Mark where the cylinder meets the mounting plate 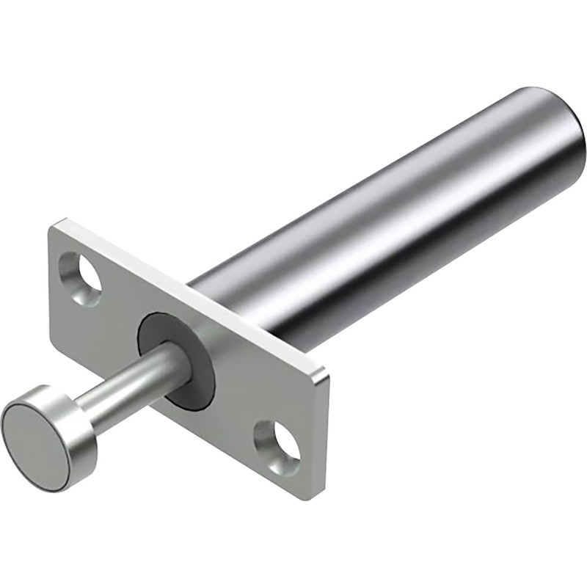220,293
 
